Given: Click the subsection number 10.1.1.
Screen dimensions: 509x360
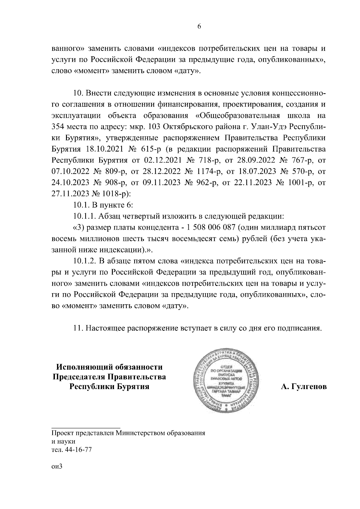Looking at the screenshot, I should coord(84,216).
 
